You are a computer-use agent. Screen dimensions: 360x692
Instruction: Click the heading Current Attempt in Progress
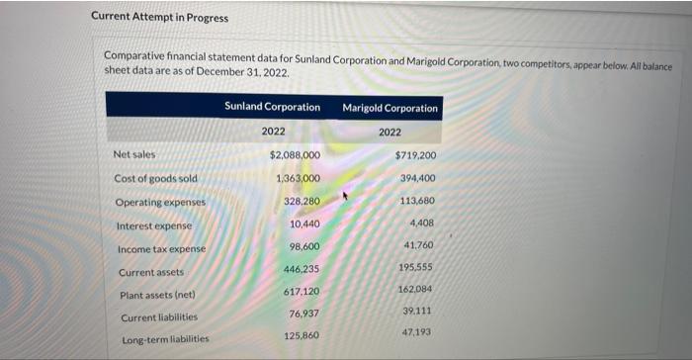point(159,18)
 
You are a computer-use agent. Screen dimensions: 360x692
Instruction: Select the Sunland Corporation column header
point(272,106)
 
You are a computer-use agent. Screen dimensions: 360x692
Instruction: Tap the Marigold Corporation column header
point(390,107)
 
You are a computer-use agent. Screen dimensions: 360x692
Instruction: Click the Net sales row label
point(134,154)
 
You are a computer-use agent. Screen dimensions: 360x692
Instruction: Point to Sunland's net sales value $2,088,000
point(295,155)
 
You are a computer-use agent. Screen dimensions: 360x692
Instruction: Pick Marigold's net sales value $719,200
point(415,155)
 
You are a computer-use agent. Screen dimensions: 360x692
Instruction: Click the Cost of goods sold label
point(155,178)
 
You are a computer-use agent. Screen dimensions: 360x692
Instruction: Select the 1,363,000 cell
point(298,178)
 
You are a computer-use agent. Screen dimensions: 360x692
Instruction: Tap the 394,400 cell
point(418,178)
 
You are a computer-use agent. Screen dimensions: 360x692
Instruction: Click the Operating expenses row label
point(159,202)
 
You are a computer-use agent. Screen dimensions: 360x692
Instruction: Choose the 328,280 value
point(302,201)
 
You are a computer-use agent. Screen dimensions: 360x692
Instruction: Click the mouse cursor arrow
point(345,197)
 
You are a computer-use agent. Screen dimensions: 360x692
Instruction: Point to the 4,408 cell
point(423,223)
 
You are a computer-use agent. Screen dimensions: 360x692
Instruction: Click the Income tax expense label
point(162,248)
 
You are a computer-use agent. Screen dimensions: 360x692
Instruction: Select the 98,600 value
point(304,246)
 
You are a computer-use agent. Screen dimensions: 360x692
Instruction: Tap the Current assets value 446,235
point(303,269)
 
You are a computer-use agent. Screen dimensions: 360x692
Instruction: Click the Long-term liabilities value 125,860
point(303,336)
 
